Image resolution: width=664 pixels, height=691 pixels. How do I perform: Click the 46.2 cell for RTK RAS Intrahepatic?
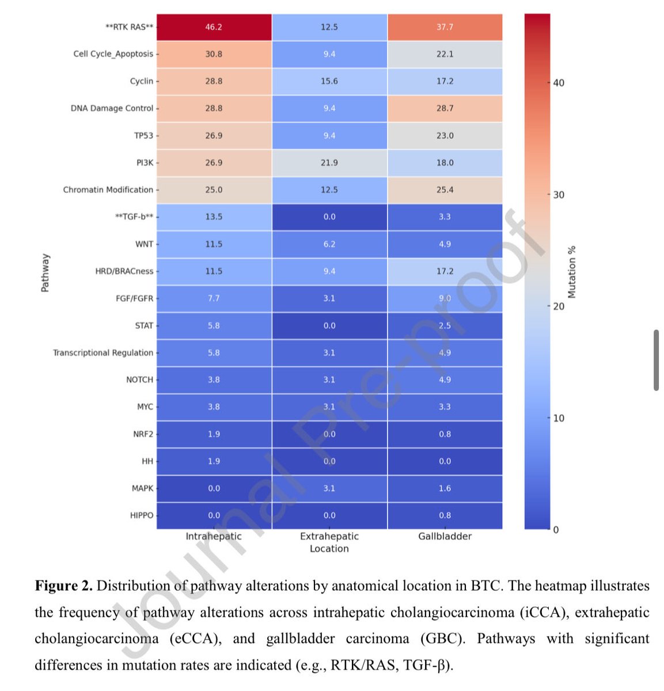pyautogui.click(x=214, y=27)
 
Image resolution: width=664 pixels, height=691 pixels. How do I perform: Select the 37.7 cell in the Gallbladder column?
pyautogui.click(x=445, y=27)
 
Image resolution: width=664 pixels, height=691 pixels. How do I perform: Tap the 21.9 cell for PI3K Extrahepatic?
pyautogui.click(x=329, y=163)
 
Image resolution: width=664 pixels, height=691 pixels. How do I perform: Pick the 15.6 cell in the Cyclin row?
pyautogui.click(x=329, y=81)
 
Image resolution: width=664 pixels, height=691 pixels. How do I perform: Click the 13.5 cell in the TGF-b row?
pyautogui.click(x=214, y=217)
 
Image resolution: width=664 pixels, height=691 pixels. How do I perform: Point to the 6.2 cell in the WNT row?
pyautogui.click(x=329, y=244)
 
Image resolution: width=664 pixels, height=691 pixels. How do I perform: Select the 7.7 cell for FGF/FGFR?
pyautogui.click(x=214, y=298)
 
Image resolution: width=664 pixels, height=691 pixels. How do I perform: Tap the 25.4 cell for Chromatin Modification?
pyautogui.click(x=445, y=190)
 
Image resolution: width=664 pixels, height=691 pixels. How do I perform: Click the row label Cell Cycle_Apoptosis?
pyautogui.click(x=113, y=54)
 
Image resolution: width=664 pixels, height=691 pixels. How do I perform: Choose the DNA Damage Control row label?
pyautogui.click(x=112, y=108)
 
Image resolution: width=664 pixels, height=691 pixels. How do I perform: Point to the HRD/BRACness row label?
pyautogui.click(x=124, y=271)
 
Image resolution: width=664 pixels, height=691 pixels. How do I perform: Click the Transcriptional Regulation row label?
pyautogui.click(x=103, y=353)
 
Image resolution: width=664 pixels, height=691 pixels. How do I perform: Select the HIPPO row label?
pyautogui.click(x=142, y=515)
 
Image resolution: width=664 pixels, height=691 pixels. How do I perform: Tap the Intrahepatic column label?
pyautogui.click(x=214, y=536)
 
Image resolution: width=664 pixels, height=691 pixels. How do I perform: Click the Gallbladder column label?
pyautogui.click(x=445, y=536)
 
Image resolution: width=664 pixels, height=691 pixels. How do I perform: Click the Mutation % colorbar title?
pyautogui.click(x=572, y=272)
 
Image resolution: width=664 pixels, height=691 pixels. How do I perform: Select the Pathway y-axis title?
pyautogui.click(x=45, y=272)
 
